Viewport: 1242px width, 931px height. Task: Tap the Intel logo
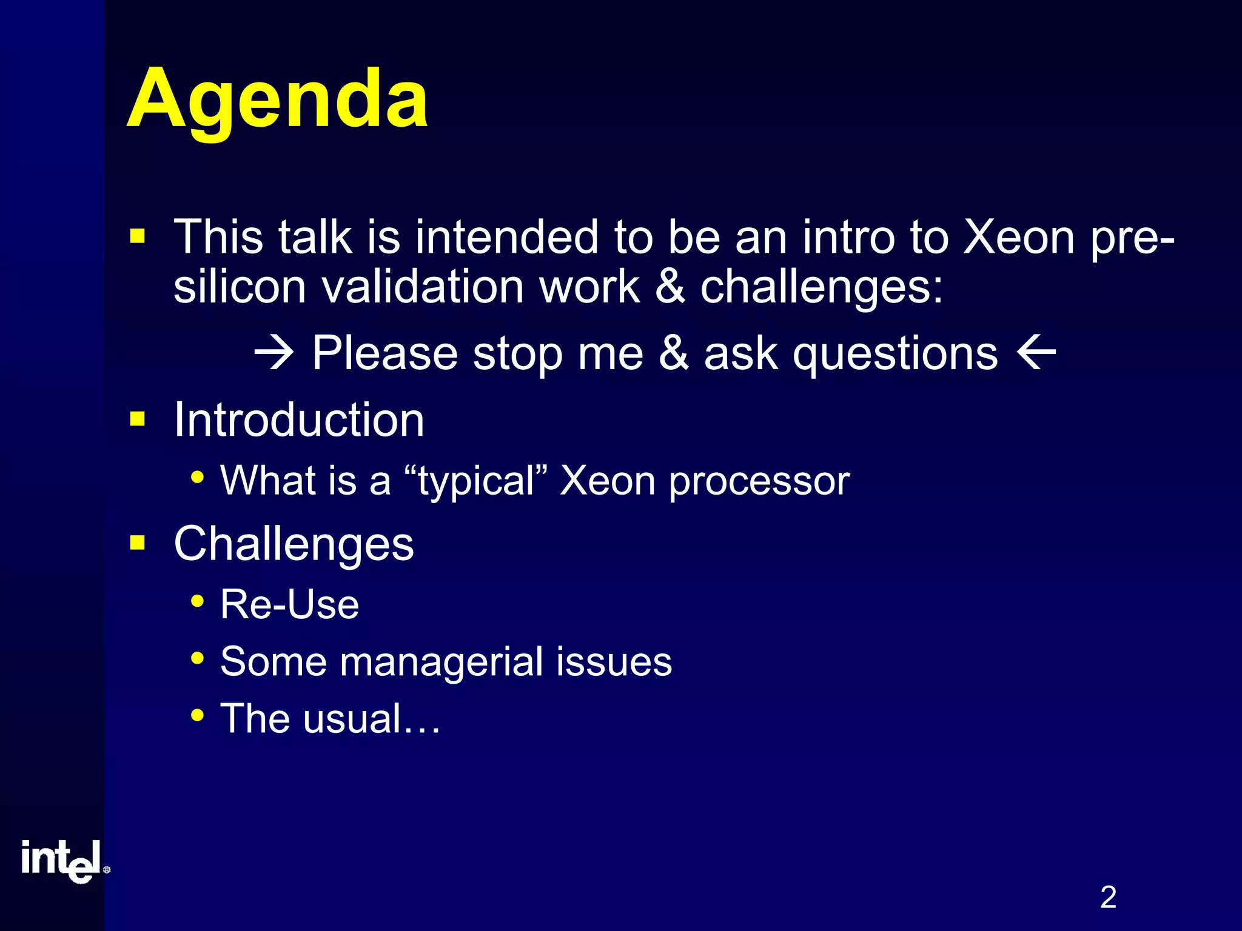pos(64,861)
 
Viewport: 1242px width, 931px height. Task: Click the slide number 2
pos(1108,897)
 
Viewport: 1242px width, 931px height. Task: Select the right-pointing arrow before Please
pos(274,353)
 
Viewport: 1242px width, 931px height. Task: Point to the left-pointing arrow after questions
pos(1036,353)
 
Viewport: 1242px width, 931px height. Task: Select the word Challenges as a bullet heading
pos(294,544)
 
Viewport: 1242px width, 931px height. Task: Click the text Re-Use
pos(289,605)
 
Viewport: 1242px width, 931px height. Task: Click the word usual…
pos(371,719)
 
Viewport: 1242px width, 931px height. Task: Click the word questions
pos(895,353)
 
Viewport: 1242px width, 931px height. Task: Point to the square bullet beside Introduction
pos(138,419)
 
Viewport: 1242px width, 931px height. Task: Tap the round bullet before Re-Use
pos(197,601)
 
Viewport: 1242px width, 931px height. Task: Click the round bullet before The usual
pos(197,715)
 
